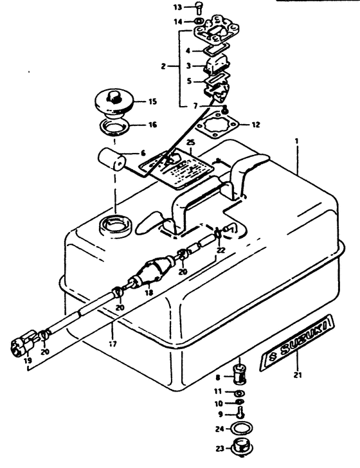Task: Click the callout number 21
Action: (x=297, y=375)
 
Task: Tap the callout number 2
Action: (x=165, y=66)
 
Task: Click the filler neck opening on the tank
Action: (x=112, y=227)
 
